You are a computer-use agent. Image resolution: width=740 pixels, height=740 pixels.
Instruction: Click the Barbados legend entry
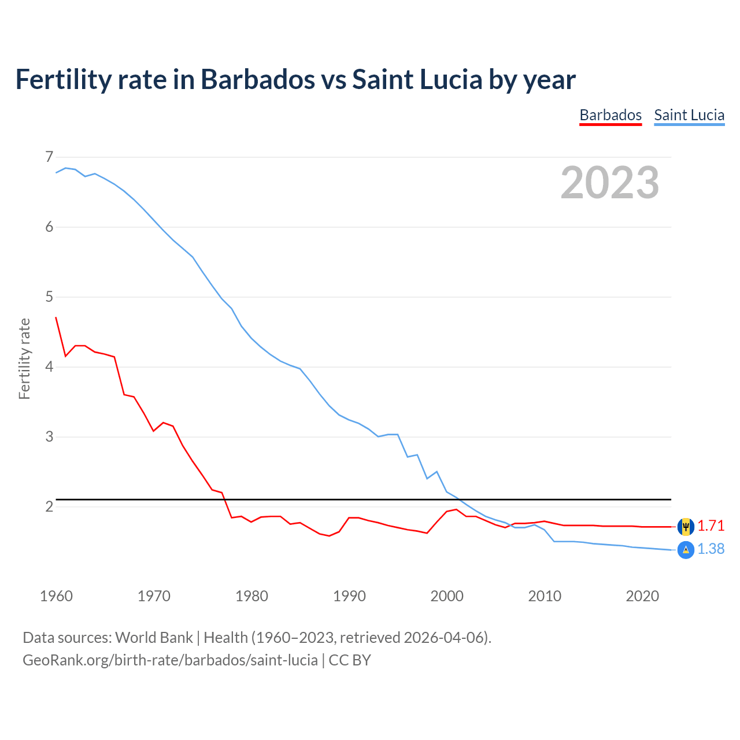(x=610, y=115)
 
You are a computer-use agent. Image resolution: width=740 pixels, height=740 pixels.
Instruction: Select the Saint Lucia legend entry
(x=689, y=115)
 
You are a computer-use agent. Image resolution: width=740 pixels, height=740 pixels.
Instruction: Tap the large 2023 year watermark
(x=609, y=183)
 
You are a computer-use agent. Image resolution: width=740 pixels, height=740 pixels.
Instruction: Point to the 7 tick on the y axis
(x=49, y=157)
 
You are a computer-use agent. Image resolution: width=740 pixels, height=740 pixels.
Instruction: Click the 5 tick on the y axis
(x=49, y=297)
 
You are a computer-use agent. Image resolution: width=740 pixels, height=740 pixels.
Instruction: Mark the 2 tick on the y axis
(x=49, y=506)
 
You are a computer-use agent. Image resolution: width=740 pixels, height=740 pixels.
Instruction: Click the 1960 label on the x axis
(x=56, y=596)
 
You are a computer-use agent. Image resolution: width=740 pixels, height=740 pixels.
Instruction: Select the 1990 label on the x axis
(x=349, y=596)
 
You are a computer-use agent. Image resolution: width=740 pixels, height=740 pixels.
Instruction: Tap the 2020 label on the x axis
(x=642, y=596)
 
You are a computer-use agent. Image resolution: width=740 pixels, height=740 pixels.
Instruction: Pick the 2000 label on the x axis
(x=447, y=596)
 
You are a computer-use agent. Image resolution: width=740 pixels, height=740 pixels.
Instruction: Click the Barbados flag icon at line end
(x=686, y=527)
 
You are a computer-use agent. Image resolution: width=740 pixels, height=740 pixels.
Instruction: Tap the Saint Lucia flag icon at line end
(x=686, y=550)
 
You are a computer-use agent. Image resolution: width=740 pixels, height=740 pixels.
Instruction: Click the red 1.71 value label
(x=711, y=526)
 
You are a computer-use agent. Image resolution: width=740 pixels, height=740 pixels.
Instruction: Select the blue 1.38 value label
(x=711, y=549)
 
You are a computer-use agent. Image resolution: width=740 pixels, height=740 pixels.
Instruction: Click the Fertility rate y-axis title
(x=24, y=358)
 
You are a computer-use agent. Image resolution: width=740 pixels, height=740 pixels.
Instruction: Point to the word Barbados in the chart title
(x=258, y=80)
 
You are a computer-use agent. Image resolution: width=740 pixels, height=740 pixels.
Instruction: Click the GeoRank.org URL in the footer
(x=170, y=660)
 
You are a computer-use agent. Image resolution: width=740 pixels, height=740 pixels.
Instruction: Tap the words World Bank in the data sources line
(x=154, y=638)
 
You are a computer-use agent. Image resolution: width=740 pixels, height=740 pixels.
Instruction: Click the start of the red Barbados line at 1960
(x=56, y=317)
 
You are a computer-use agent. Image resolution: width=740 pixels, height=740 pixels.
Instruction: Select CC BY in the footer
(x=350, y=660)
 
